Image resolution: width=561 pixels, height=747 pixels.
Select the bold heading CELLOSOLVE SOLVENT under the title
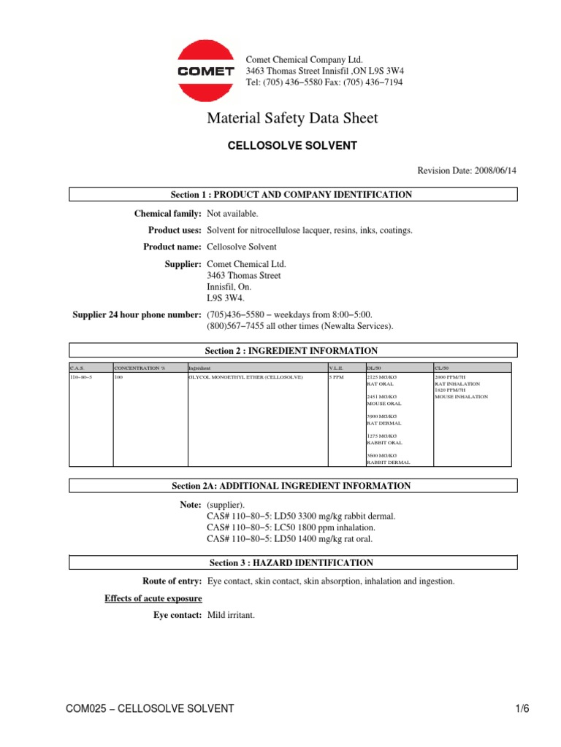click(293, 146)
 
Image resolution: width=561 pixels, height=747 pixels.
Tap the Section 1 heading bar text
click(293, 195)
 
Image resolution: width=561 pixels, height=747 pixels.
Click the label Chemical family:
click(167, 214)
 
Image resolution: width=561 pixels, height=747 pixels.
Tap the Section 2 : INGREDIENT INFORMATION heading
click(293, 351)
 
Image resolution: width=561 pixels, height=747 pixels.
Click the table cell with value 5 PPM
click(336, 378)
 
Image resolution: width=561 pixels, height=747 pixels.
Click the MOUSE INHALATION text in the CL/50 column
click(461, 397)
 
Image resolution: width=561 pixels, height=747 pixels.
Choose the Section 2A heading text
click(293, 486)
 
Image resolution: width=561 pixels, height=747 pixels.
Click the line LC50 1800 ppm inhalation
click(291, 527)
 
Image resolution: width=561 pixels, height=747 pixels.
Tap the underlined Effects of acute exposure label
click(153, 599)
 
